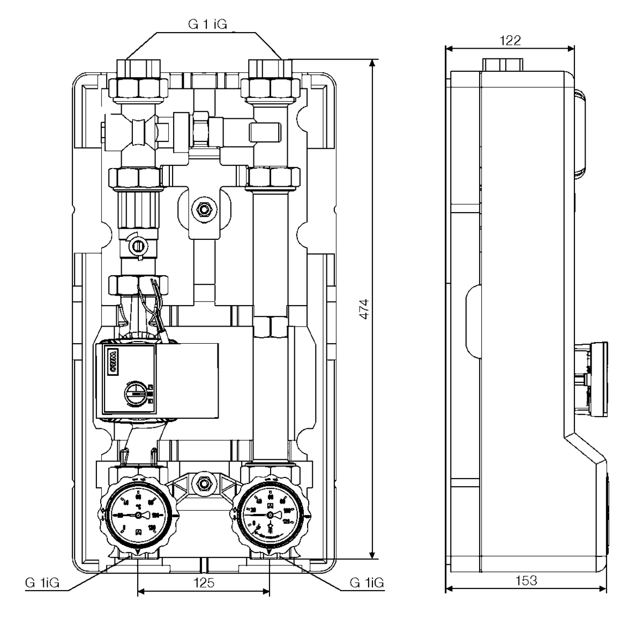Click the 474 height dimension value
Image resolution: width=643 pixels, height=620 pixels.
(x=364, y=309)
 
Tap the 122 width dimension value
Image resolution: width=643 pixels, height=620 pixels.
(x=510, y=41)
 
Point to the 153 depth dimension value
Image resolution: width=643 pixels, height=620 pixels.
(x=526, y=581)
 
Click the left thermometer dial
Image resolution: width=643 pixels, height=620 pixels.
(x=138, y=515)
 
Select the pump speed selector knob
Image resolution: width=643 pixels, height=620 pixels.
(x=134, y=396)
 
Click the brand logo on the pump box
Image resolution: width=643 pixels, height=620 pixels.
(x=113, y=356)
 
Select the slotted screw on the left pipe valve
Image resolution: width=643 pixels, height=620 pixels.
(x=138, y=246)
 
